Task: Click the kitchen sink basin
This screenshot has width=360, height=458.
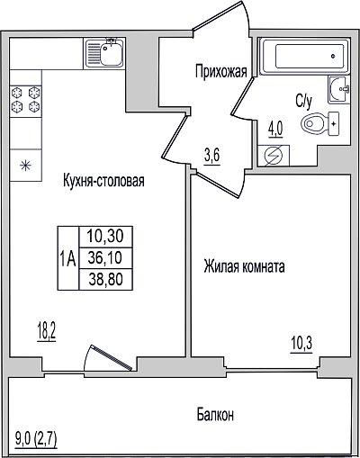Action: coord(112,53)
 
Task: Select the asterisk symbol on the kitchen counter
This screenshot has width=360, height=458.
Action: coord(25,166)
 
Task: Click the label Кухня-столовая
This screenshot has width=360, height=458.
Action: coord(103,181)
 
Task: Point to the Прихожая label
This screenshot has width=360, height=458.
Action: coord(221,72)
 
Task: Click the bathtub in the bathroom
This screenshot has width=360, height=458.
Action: coord(304,57)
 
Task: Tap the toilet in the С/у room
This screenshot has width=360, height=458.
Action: coord(319,124)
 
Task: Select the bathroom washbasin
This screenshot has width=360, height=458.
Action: coord(339,89)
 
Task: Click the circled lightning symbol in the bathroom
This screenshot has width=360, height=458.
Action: coord(274,156)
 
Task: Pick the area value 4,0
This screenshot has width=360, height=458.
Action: coord(275,130)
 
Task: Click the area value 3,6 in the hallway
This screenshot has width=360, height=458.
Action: coord(212,157)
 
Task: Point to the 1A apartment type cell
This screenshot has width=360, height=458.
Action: coord(68,258)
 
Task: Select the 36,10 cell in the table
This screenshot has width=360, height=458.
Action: coord(105,258)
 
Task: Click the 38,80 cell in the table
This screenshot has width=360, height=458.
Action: coord(105,279)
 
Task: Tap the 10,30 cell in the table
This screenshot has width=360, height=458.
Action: coord(105,237)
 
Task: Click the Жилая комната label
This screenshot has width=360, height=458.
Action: coord(244,266)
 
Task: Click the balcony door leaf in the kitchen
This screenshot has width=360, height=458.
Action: coord(112,357)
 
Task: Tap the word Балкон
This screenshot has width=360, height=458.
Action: coord(215,415)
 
